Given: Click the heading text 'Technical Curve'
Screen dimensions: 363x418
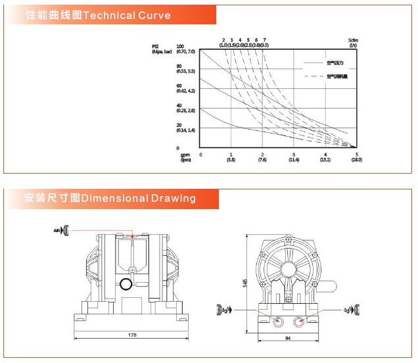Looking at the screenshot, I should point(128,15).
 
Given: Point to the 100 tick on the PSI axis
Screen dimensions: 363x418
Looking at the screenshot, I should point(179,45).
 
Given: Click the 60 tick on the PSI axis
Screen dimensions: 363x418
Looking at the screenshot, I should point(179,85).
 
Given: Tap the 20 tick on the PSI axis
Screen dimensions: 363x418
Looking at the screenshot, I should point(179,126).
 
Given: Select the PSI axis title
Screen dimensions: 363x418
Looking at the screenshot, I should point(156,46).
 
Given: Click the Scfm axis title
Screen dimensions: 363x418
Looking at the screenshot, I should point(352,41).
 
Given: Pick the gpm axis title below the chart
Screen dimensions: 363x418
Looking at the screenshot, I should point(185,155).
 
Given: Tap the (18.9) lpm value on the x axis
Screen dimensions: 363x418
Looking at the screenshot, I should point(356,160).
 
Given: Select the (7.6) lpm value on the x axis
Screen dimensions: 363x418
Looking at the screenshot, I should point(262,160).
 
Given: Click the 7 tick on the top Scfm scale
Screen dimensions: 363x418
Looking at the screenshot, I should point(264,40).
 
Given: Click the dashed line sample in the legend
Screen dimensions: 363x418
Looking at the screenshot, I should point(314,77).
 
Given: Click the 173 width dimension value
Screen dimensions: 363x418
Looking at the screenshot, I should point(132,335).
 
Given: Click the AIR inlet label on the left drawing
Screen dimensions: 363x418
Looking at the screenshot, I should point(57,230).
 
